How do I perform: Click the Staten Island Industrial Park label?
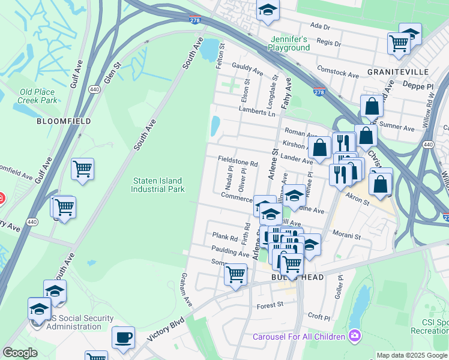(x=157, y=184)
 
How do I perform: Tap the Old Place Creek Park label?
(x=37, y=96)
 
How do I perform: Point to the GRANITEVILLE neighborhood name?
(x=397, y=71)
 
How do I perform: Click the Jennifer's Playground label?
(x=289, y=43)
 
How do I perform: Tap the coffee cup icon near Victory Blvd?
(x=124, y=337)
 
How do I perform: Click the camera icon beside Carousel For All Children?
(x=355, y=334)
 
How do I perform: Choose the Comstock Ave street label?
(x=338, y=73)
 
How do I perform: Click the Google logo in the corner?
(x=20, y=353)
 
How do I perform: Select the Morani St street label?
(x=346, y=236)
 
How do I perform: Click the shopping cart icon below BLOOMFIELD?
(x=82, y=169)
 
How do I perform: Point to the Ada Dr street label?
(x=321, y=27)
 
